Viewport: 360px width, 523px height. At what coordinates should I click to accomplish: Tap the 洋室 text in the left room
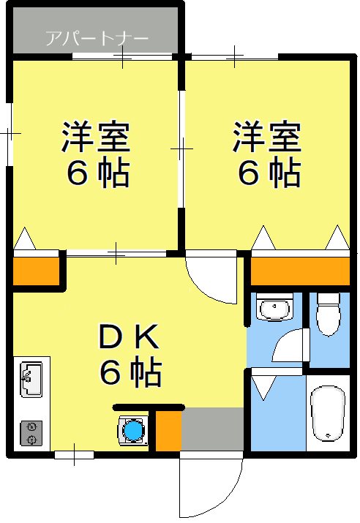point(95,138)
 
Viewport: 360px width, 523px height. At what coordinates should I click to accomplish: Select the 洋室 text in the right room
point(267,138)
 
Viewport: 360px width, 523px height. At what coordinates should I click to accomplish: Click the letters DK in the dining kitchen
point(129,338)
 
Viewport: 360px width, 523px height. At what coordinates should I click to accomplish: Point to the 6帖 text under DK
point(130,374)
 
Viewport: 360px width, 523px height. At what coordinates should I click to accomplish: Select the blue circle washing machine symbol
point(132,430)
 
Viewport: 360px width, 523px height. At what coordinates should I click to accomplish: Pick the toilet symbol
point(329,312)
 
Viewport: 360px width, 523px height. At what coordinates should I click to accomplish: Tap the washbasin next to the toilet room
point(275,308)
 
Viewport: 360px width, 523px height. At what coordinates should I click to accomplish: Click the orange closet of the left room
point(36,271)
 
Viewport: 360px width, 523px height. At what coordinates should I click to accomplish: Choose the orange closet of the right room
point(300,271)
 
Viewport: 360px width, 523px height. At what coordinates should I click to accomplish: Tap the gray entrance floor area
point(212,430)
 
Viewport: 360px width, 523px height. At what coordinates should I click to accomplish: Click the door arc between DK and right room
point(212,278)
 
